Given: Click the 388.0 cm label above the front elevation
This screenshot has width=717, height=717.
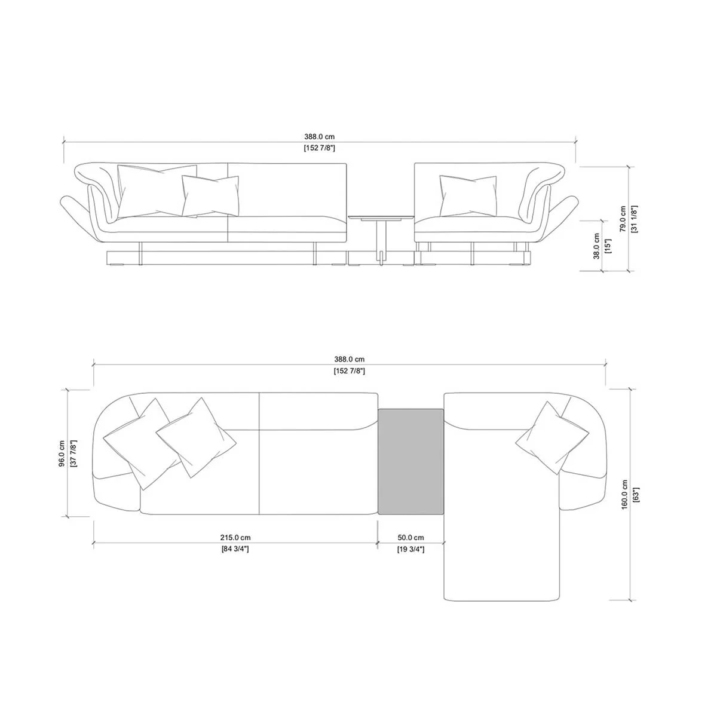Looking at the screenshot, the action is [319, 137].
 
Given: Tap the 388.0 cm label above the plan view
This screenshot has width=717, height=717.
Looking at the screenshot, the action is [349, 360].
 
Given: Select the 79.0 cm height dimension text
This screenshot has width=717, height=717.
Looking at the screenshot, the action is [623, 219].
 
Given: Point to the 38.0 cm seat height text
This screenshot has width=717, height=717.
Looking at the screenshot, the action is [596, 246].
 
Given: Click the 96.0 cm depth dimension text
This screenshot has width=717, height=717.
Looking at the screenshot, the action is [62, 454].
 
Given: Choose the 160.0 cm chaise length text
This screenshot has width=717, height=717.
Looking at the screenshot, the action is [624, 495].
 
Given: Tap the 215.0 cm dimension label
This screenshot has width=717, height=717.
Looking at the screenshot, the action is [235, 537].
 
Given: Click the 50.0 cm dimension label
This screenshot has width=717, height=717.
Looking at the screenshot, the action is [410, 537].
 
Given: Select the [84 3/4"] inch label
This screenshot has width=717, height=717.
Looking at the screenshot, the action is [235, 549].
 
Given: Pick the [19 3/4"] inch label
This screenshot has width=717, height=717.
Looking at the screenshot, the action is [410, 549].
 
